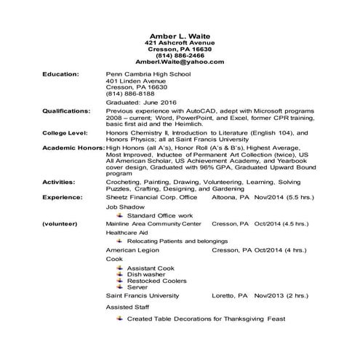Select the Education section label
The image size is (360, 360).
[x=61, y=75]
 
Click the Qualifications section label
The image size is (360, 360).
[x=67, y=111]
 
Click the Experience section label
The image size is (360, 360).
[x=62, y=196]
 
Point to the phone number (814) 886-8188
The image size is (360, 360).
[x=130, y=93]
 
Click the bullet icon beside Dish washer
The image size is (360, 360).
[x=121, y=273]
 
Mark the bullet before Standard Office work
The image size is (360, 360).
[x=121, y=215]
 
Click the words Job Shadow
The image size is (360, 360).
[x=122, y=207]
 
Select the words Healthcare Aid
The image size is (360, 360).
[x=126, y=233]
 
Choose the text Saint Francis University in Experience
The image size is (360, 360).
[x=142, y=296]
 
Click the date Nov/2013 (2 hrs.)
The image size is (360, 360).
[x=281, y=296]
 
